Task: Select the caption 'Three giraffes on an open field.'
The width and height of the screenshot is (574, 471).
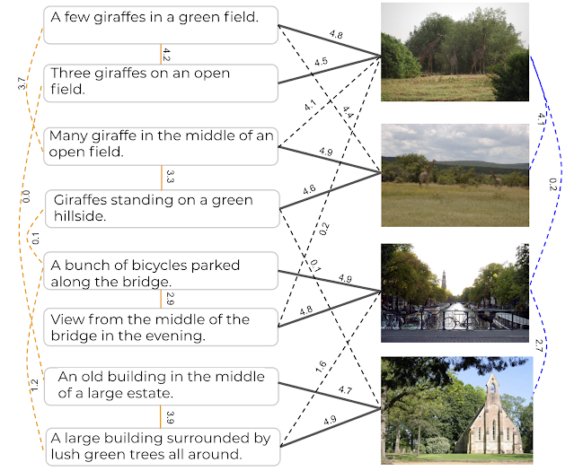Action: point(161,81)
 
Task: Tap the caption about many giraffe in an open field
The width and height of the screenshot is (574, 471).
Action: point(161,144)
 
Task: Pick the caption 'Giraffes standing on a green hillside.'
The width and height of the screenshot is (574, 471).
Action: point(161,207)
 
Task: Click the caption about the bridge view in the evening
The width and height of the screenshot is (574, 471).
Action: point(161,327)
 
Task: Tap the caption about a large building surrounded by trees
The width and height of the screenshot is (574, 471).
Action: point(161,446)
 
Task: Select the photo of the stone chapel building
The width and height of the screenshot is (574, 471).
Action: point(456,406)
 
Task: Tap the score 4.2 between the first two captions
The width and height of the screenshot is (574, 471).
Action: point(166,54)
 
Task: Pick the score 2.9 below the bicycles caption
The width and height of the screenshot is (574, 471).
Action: point(168,298)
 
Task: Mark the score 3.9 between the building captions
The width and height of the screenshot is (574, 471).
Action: point(168,415)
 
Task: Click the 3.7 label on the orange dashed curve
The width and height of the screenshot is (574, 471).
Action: point(22,83)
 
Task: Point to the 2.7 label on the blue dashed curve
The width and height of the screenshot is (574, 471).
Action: point(540,345)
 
